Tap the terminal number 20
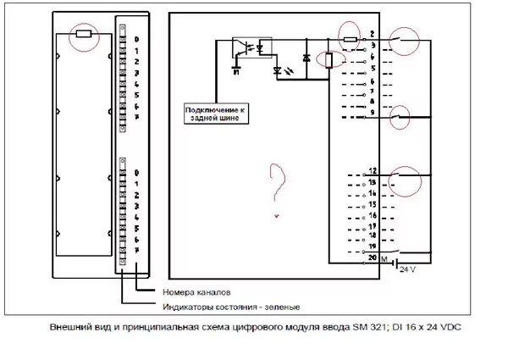tap(372, 255)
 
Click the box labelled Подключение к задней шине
tap(218, 114)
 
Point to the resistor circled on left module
tap(84, 35)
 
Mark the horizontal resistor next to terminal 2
tap(350, 39)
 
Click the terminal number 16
tap(372, 215)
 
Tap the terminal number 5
tap(372, 67)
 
